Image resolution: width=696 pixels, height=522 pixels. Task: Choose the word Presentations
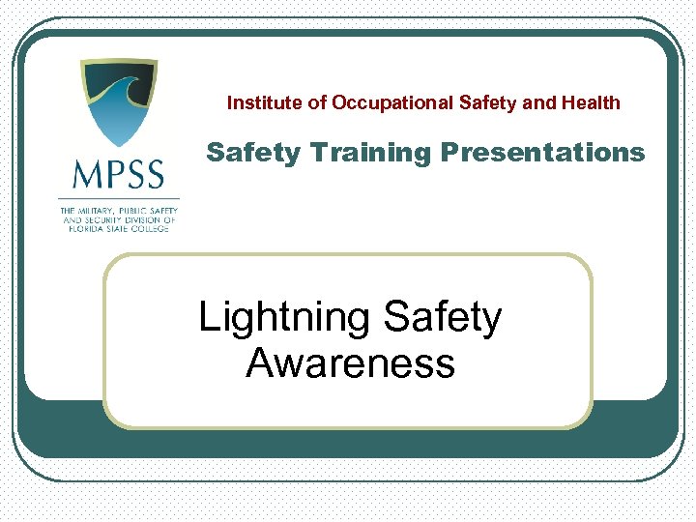pos(542,153)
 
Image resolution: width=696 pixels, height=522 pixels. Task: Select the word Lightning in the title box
pos(285,319)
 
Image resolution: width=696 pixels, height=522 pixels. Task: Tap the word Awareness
pos(350,364)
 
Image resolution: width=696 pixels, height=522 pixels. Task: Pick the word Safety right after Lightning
pos(443,319)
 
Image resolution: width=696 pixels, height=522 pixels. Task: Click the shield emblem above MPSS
pos(118,102)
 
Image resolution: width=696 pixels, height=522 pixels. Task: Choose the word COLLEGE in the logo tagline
pos(158,228)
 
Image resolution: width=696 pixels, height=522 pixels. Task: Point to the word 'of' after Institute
pos(317,102)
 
